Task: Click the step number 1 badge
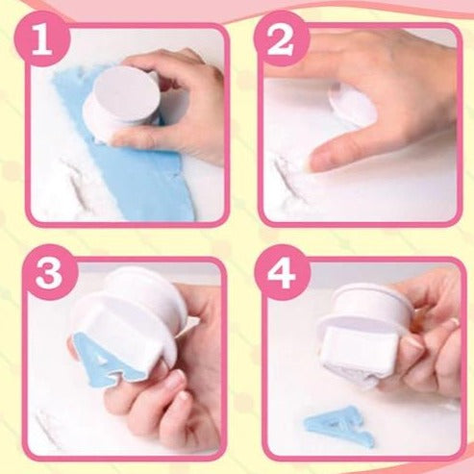tap(41, 38)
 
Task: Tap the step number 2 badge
tap(282, 38)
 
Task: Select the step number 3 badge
tap(49, 272)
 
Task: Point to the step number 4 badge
tap(282, 272)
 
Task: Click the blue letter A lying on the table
tap(340, 425)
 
